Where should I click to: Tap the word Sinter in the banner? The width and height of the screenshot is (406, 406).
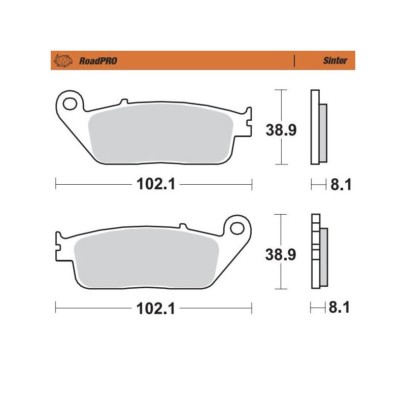click(x=335, y=61)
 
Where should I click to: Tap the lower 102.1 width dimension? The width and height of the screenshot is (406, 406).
click(x=155, y=309)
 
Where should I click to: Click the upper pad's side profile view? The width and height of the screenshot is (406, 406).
click(x=317, y=127)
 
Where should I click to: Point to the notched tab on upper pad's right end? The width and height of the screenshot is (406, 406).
click(x=247, y=122)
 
